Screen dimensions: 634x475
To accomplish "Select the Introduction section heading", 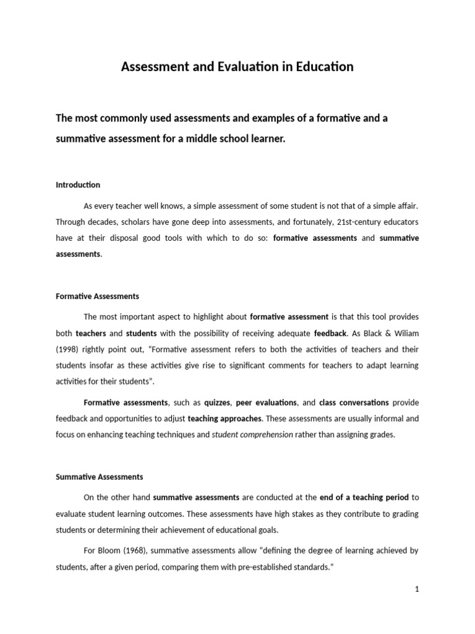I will coord(78,185).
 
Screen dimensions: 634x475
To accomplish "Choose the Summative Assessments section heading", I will coord(99,477).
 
